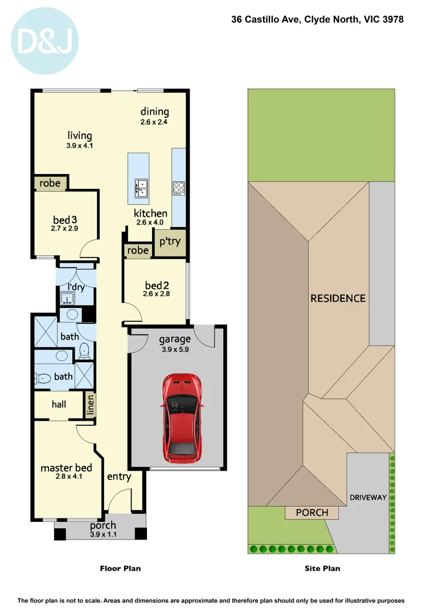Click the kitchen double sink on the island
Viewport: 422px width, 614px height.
click(141, 188)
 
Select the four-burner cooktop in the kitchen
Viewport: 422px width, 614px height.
click(179, 188)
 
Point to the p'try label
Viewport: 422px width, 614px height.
click(170, 242)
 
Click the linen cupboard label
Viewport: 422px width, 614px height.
click(89, 405)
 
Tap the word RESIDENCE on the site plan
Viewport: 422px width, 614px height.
click(338, 298)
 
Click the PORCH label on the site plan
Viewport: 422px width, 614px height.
click(312, 512)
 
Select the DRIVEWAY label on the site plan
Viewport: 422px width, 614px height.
click(368, 497)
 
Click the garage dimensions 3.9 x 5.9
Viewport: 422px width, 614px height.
click(174, 350)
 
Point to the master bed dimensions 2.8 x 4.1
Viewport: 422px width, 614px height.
click(69, 477)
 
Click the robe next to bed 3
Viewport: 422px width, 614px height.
click(50, 183)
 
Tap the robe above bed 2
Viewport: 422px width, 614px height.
click(138, 250)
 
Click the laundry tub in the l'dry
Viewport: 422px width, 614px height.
click(67, 298)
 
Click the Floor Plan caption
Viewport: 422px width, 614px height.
click(120, 568)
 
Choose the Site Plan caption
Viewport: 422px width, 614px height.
click(322, 568)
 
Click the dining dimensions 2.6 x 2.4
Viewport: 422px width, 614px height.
click(155, 122)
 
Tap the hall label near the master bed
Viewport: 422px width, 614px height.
click(59, 404)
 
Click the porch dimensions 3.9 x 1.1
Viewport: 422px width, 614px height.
click(103, 534)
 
